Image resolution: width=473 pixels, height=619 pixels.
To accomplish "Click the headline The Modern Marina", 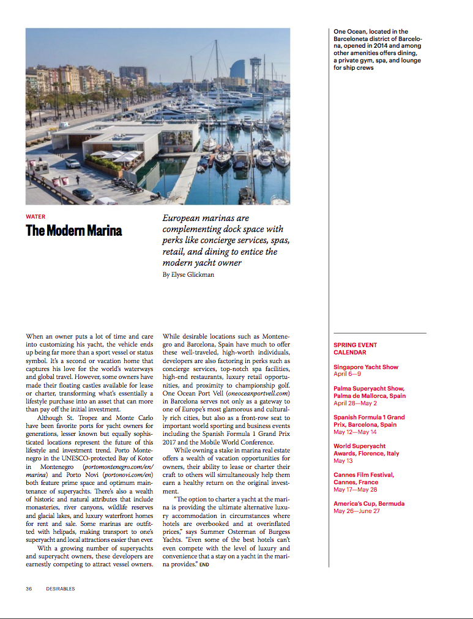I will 73,231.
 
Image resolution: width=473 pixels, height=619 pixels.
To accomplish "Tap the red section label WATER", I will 35,216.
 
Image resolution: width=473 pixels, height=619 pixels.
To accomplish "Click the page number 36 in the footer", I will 29,588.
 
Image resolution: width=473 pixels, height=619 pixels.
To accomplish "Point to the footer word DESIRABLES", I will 60,588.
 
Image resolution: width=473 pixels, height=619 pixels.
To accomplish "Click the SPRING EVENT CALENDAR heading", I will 355,349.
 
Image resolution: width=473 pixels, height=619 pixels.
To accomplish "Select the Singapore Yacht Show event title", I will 365,367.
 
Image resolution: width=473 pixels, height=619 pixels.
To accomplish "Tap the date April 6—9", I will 347,374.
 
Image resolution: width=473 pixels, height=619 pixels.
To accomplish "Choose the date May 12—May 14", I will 355,432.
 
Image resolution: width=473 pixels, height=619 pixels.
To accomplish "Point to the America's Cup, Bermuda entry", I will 368,504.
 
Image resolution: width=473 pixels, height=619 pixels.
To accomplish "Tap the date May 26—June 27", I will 356,511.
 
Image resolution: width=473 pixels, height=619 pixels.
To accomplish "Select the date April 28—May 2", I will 355,403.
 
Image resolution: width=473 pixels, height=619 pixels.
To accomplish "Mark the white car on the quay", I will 72,163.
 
